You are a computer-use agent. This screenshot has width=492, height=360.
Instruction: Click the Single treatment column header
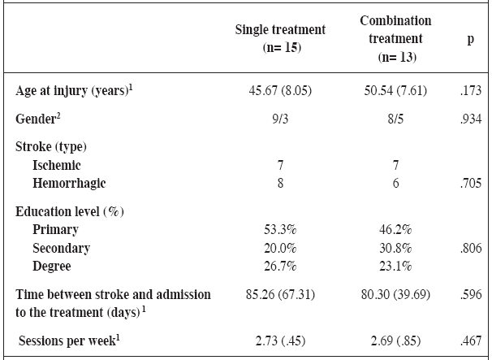(x=280, y=38)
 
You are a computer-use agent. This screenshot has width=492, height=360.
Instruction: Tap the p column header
(x=470, y=38)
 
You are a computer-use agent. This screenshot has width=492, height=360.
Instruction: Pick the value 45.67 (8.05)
(x=280, y=91)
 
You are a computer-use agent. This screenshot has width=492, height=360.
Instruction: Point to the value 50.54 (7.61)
(x=395, y=91)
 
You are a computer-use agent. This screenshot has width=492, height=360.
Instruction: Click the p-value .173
(x=470, y=91)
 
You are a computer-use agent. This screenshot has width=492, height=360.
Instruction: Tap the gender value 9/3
(x=280, y=119)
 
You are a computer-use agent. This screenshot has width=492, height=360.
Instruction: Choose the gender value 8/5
(x=395, y=119)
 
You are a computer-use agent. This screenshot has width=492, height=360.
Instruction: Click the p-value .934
(x=470, y=119)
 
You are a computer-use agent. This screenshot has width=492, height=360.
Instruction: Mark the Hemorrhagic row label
(x=69, y=184)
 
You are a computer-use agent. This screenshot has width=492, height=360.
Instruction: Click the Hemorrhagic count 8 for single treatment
(x=280, y=184)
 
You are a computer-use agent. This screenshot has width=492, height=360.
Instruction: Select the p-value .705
(x=470, y=184)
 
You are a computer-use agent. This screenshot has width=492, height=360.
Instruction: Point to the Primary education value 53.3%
(x=280, y=230)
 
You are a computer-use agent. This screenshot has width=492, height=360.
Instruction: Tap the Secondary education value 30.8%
(x=395, y=248)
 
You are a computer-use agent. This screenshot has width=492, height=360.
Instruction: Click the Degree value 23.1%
(x=395, y=266)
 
